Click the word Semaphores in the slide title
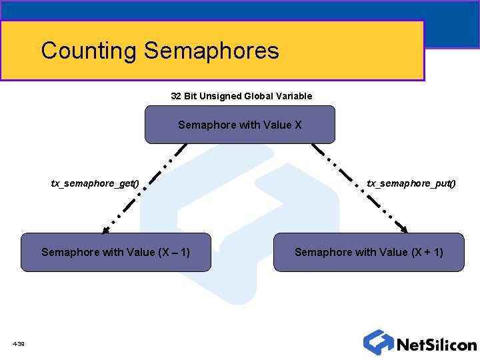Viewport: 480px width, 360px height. tap(211, 51)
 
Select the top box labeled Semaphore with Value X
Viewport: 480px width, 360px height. tap(240, 125)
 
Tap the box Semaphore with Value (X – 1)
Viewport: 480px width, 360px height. tap(115, 252)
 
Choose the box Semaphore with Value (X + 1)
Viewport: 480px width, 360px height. tap(369, 252)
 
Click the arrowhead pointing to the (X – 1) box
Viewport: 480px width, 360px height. tap(105, 231)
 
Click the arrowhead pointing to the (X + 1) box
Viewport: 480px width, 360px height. tap(405, 229)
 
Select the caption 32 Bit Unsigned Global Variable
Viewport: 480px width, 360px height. tap(241, 96)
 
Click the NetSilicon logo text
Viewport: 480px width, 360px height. tap(437, 345)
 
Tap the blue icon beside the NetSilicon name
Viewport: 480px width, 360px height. tap(378, 342)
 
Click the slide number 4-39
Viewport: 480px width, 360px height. tap(18, 344)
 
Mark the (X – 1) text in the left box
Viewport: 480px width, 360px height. tap(173, 252)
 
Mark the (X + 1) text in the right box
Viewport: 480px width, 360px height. tap(426, 252)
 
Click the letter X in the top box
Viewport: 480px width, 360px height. tap(298, 125)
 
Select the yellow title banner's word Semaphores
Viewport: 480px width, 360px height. tap(211, 51)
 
